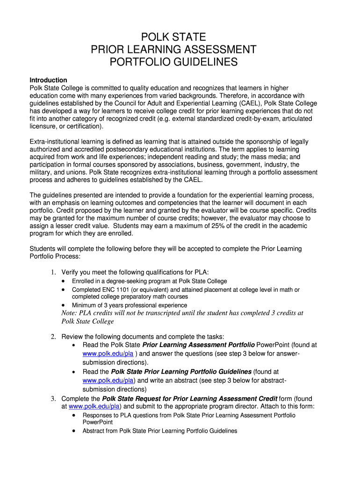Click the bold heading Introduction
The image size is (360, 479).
point(48,80)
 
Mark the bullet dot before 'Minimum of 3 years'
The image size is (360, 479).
point(64,305)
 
